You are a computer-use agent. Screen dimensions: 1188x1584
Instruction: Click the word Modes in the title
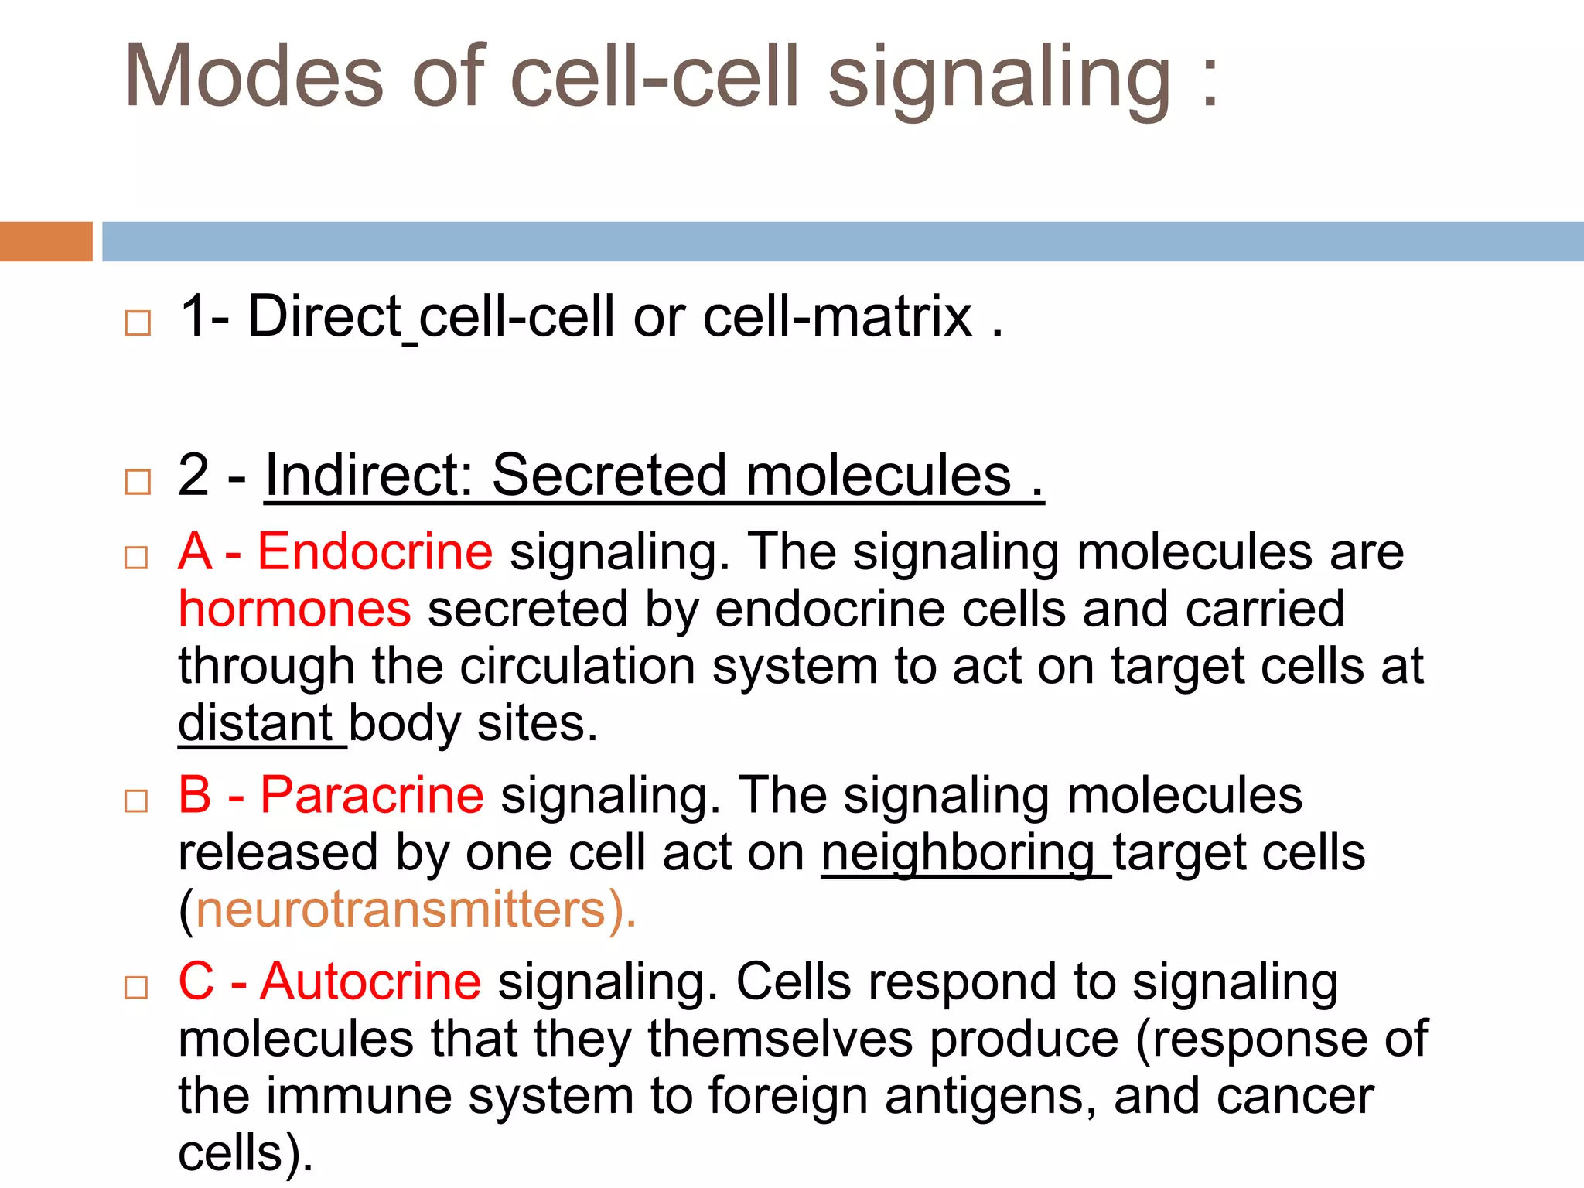click(254, 76)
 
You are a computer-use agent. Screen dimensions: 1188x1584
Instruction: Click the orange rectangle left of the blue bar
click(46, 241)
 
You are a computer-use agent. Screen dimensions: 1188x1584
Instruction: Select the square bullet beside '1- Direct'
click(138, 323)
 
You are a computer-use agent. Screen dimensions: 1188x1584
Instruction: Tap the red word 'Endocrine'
click(374, 552)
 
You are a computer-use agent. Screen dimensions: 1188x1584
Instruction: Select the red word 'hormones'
click(295, 609)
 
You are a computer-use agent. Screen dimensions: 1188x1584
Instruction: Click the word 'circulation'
click(577, 666)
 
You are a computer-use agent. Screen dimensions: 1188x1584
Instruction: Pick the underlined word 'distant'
click(255, 724)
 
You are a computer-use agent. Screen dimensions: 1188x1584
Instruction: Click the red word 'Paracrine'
click(372, 795)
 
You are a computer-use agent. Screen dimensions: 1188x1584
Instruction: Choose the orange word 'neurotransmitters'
click(401, 910)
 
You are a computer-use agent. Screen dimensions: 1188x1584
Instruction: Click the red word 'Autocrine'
click(370, 981)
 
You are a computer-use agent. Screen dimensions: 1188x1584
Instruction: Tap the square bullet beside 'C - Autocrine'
click(136, 988)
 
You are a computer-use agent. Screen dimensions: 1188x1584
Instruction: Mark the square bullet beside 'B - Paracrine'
click(136, 801)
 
